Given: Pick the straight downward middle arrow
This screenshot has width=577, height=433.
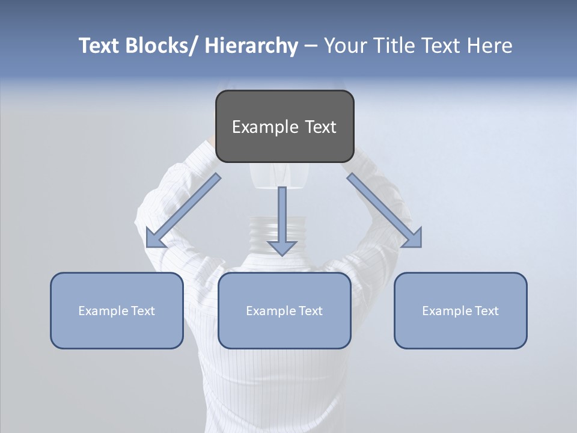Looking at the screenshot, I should point(282,220).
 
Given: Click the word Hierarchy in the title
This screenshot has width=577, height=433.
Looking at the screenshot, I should point(251,46).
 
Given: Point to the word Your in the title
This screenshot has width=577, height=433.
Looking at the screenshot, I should point(344,46).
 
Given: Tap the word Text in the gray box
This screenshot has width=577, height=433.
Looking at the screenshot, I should point(320,127).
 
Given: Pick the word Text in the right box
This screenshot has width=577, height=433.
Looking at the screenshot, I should point(486,311).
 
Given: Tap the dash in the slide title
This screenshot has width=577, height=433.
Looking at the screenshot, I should point(310,46).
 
